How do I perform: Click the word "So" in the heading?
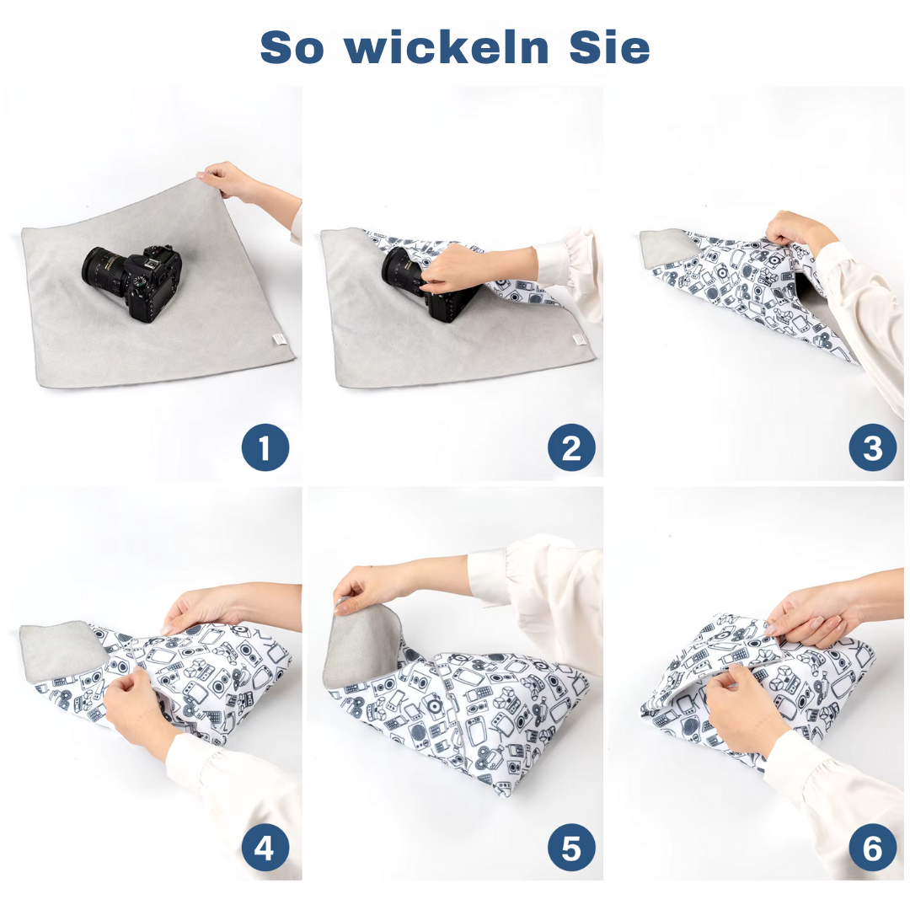click(292, 48)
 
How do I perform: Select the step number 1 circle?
click(265, 448)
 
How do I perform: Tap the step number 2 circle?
click(571, 448)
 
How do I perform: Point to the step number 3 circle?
click(872, 448)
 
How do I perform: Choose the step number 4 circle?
click(265, 847)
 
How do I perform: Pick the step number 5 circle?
click(571, 847)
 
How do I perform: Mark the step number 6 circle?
click(872, 847)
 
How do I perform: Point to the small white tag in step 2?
click(579, 339)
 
